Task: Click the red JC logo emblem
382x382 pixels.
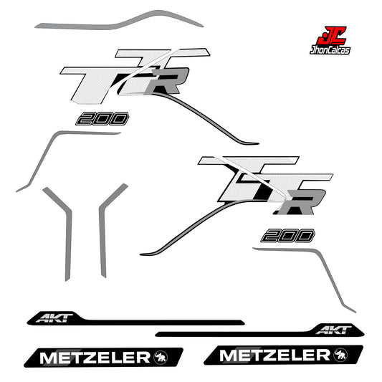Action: tap(331, 36)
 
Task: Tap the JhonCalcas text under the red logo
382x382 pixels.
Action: tap(330, 50)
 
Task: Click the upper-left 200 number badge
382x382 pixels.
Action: tap(102, 119)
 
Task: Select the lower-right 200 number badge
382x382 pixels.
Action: tap(287, 236)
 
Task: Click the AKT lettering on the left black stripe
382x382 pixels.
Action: tap(54, 318)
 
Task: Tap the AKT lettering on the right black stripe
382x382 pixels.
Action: tap(334, 330)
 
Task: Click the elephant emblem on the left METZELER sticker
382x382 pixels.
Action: tap(161, 358)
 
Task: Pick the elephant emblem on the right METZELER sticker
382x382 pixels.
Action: tap(341, 355)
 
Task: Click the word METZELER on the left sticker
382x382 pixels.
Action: tap(95, 358)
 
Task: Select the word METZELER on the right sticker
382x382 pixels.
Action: tap(274, 355)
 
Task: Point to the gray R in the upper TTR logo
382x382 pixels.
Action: tap(168, 81)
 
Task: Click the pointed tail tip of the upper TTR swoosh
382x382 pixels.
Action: tap(259, 144)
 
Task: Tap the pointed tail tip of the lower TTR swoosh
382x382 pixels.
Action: tap(140, 254)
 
